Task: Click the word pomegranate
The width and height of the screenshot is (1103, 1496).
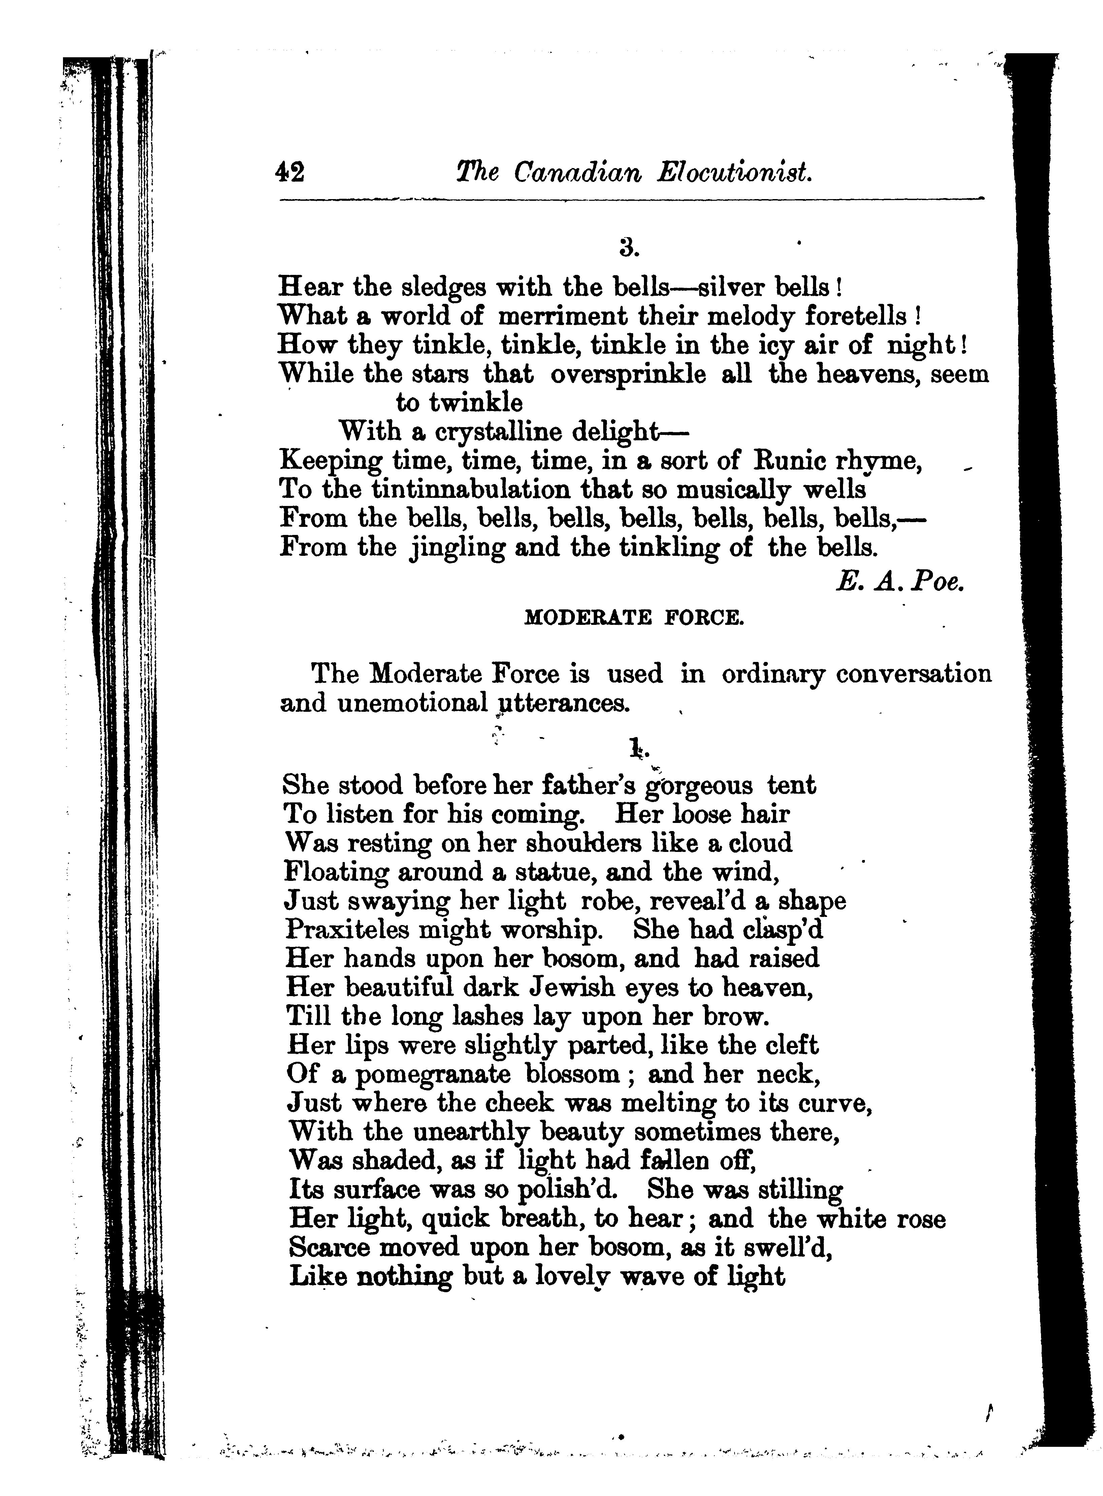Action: pos(432,1075)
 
